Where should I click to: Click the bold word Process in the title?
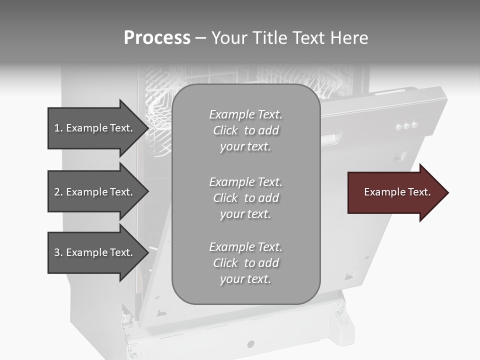[157, 38]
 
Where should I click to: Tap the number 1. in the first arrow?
[58, 128]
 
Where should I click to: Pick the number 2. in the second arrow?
[58, 192]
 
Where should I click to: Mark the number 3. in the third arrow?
[58, 252]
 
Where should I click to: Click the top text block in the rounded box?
[245, 130]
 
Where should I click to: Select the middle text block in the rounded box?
[245, 198]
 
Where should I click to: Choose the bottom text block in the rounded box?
[245, 263]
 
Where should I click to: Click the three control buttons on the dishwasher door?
[406, 125]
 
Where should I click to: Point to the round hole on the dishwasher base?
[250, 344]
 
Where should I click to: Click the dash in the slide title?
[200, 38]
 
